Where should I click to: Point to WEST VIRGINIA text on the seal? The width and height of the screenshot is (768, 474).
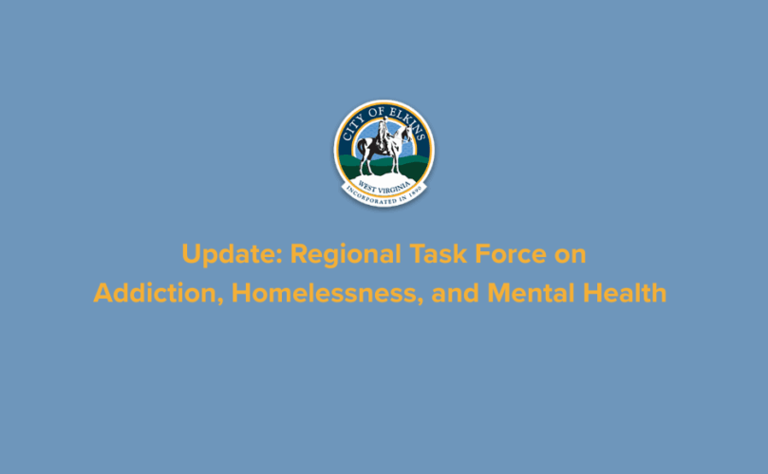click(384, 182)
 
